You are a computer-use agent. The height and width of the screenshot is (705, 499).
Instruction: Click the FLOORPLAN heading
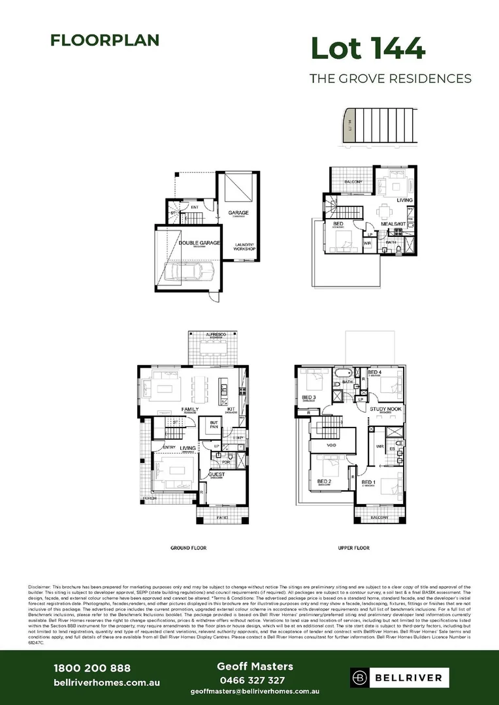pos(105,40)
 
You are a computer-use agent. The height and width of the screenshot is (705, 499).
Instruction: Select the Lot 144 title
pos(368,49)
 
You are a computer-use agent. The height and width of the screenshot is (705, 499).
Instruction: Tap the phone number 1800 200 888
pos(91,668)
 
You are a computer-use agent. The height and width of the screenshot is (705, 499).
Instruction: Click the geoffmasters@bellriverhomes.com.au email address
pos(255,691)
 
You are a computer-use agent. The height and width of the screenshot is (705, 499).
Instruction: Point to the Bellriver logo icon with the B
pos(361,678)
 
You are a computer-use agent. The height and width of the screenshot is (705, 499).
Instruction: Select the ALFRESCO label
pos(216,334)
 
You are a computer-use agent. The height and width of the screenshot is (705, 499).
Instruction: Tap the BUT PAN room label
pos(213,424)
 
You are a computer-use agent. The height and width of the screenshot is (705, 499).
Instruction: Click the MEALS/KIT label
pos(394,224)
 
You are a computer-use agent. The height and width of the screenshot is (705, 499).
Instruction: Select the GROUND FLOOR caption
pos(190,548)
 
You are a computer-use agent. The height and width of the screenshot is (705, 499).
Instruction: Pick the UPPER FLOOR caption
pos(354,548)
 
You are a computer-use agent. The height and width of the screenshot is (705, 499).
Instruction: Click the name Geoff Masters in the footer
pos(255,666)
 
